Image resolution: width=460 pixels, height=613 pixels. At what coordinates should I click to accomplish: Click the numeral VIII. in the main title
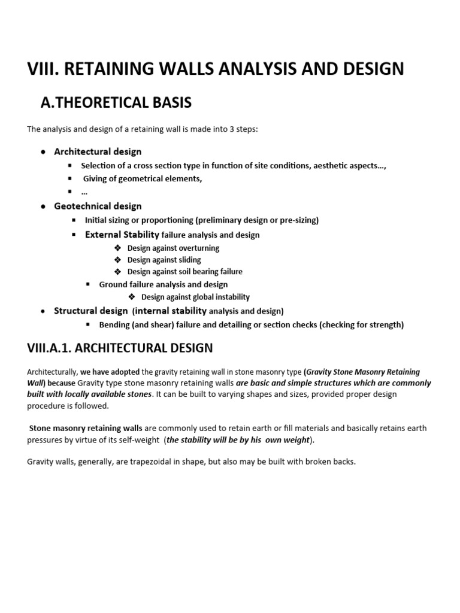pyautogui.click(x=42, y=69)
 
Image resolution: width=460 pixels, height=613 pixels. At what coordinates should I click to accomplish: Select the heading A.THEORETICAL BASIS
pyautogui.click(x=116, y=103)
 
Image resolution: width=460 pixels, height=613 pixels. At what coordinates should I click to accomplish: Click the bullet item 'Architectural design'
pyautogui.click(x=98, y=151)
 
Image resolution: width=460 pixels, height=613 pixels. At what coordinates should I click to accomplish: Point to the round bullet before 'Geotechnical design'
pyautogui.click(x=43, y=207)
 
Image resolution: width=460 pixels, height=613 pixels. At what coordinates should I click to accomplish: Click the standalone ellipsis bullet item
pyautogui.click(x=84, y=192)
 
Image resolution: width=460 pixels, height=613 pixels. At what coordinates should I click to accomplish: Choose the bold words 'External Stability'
pyautogui.click(x=122, y=235)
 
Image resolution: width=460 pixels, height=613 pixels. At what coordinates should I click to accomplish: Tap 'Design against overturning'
pyautogui.click(x=173, y=248)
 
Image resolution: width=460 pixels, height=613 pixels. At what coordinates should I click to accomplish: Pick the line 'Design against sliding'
pyautogui.click(x=164, y=260)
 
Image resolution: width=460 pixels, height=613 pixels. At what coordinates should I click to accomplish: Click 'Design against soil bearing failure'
pyautogui.click(x=185, y=271)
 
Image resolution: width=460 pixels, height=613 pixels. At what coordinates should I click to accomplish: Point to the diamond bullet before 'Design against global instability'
pyautogui.click(x=132, y=297)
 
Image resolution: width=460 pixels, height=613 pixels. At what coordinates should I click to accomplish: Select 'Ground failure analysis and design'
pyautogui.click(x=163, y=284)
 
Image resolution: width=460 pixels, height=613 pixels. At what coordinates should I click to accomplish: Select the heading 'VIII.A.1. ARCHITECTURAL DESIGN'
pyautogui.click(x=120, y=348)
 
